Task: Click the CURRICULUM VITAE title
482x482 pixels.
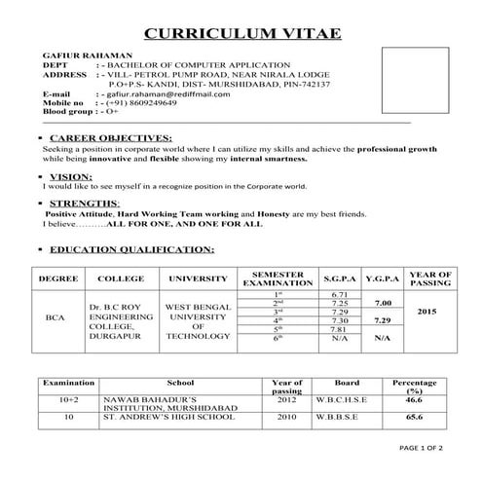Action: pos(242,34)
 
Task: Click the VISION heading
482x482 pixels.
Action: pos(69,175)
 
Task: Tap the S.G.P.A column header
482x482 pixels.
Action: pos(340,279)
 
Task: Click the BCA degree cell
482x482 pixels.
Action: pos(54,317)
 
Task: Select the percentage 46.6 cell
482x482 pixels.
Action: pos(414,399)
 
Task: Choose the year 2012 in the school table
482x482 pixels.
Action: pos(286,399)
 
